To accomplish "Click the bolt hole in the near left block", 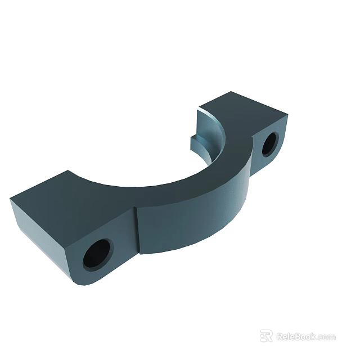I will pos(97,254).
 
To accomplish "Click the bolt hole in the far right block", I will pos(269,144).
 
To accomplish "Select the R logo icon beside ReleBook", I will pos(266,336).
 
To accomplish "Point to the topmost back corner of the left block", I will pos(68,171).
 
